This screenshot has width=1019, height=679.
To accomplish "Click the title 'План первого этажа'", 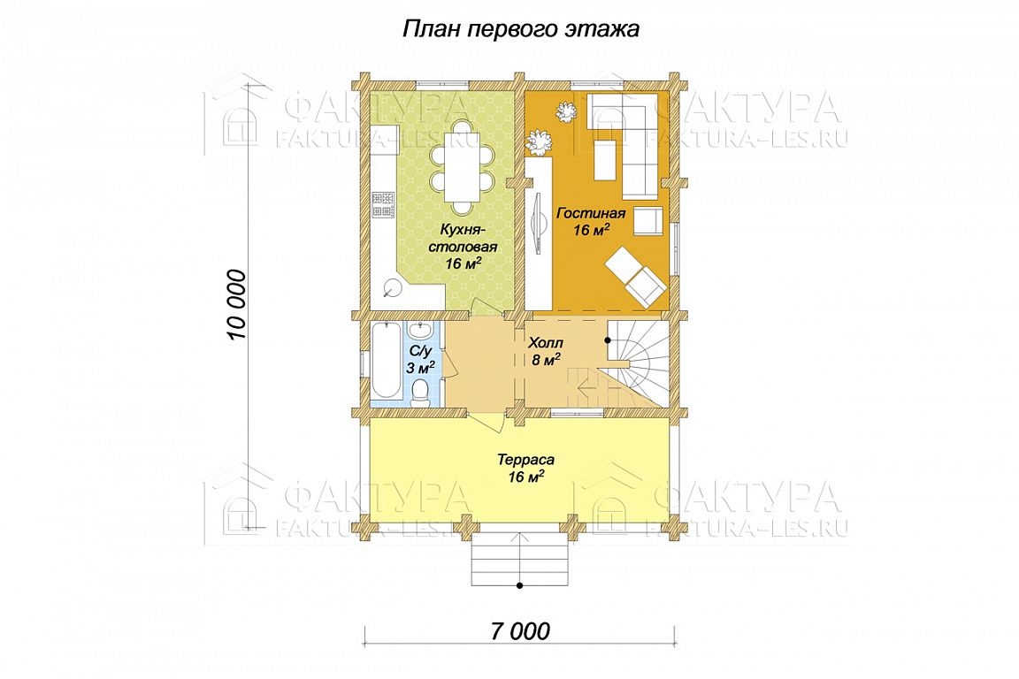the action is [520, 29].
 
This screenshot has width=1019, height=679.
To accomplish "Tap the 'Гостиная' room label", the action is [591, 213].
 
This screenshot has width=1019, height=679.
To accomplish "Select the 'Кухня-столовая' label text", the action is [468, 238].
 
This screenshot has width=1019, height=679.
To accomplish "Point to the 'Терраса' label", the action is [525, 460].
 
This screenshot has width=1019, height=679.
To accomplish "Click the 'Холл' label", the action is [546, 342].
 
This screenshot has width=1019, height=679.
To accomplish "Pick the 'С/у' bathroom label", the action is [420, 351].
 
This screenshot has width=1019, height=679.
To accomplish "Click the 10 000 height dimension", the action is [237, 305].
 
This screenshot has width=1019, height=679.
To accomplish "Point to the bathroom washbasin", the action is [419, 332].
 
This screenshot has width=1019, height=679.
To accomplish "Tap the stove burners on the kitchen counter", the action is [383, 204].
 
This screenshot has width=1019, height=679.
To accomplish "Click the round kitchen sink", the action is [392, 286].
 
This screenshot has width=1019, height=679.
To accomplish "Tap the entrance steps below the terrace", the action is [520, 561].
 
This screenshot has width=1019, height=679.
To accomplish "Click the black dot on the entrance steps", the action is [520, 586].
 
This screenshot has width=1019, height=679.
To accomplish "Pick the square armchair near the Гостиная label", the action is [648, 222].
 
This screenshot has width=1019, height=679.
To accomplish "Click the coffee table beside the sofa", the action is [606, 161].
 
